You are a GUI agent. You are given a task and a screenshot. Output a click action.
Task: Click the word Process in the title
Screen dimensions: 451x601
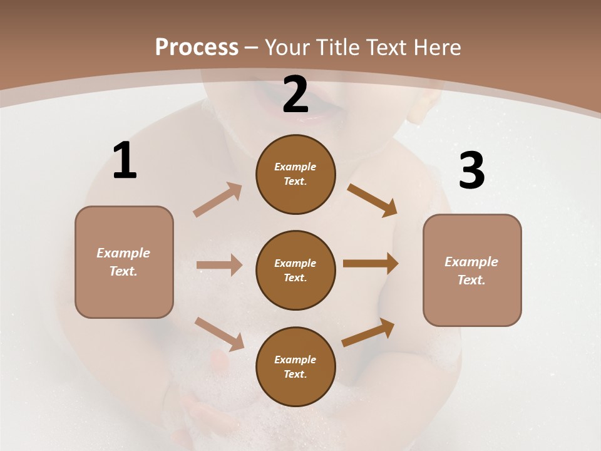tap(197, 47)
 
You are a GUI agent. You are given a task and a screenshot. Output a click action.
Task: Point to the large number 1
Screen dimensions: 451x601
tap(125, 160)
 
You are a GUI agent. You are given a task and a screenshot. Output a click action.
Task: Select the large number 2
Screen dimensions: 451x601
tap(295, 95)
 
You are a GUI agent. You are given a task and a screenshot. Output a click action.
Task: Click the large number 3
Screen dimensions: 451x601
tap(471, 170)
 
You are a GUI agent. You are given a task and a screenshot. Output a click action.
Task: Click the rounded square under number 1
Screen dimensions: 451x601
tap(124, 262)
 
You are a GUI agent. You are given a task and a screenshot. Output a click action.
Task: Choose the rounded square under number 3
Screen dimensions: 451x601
tap(472, 271)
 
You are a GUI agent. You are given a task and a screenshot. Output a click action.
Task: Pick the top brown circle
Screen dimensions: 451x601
tap(295, 174)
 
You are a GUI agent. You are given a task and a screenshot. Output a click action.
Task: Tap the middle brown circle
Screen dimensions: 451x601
tap(295, 271)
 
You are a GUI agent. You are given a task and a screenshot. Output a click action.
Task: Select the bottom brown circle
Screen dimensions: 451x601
tap(295, 367)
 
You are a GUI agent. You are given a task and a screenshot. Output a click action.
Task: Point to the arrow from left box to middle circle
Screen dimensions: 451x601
tap(219, 265)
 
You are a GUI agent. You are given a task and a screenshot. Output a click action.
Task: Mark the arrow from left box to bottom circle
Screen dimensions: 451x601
tap(219, 333)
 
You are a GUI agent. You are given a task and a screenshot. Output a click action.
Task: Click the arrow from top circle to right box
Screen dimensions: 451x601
tap(372, 200)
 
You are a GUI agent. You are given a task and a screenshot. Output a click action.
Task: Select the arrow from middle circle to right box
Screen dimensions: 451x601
tap(371, 264)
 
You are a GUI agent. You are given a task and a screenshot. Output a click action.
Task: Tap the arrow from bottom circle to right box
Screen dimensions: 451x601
tap(369, 332)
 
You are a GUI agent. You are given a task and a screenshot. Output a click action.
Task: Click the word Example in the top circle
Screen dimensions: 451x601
tap(295, 167)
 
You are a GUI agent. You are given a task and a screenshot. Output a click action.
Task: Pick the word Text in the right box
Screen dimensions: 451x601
tap(471, 280)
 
